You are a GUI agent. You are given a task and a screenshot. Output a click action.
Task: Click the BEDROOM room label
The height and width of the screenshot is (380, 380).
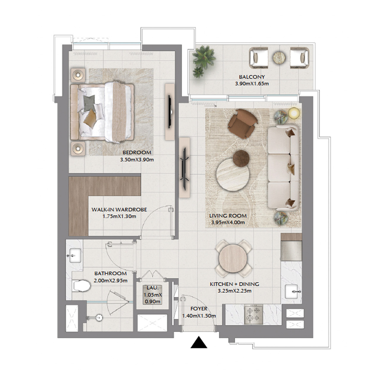coord(137,153)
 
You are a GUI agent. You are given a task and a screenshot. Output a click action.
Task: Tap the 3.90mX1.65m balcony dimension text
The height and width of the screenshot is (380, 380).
coord(252,84)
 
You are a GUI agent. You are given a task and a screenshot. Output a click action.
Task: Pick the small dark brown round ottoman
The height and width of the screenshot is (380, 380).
coord(241,158)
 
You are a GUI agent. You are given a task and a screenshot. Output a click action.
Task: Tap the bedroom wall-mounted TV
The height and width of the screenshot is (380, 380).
coord(170,112)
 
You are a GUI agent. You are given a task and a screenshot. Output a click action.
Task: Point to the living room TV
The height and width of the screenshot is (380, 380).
coord(184,169)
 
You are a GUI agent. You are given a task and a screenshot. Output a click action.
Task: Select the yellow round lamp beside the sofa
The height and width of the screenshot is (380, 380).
coord(294,113)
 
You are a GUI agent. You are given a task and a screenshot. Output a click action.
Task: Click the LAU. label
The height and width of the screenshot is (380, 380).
coord(153,288)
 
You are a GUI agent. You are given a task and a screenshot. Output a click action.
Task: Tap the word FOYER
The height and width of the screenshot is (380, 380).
coord(199,309)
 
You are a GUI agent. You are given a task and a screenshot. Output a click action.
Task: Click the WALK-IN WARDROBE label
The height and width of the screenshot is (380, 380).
coord(119,210)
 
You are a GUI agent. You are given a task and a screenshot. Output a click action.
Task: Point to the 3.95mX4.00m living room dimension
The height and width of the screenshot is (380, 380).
coord(228,222)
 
